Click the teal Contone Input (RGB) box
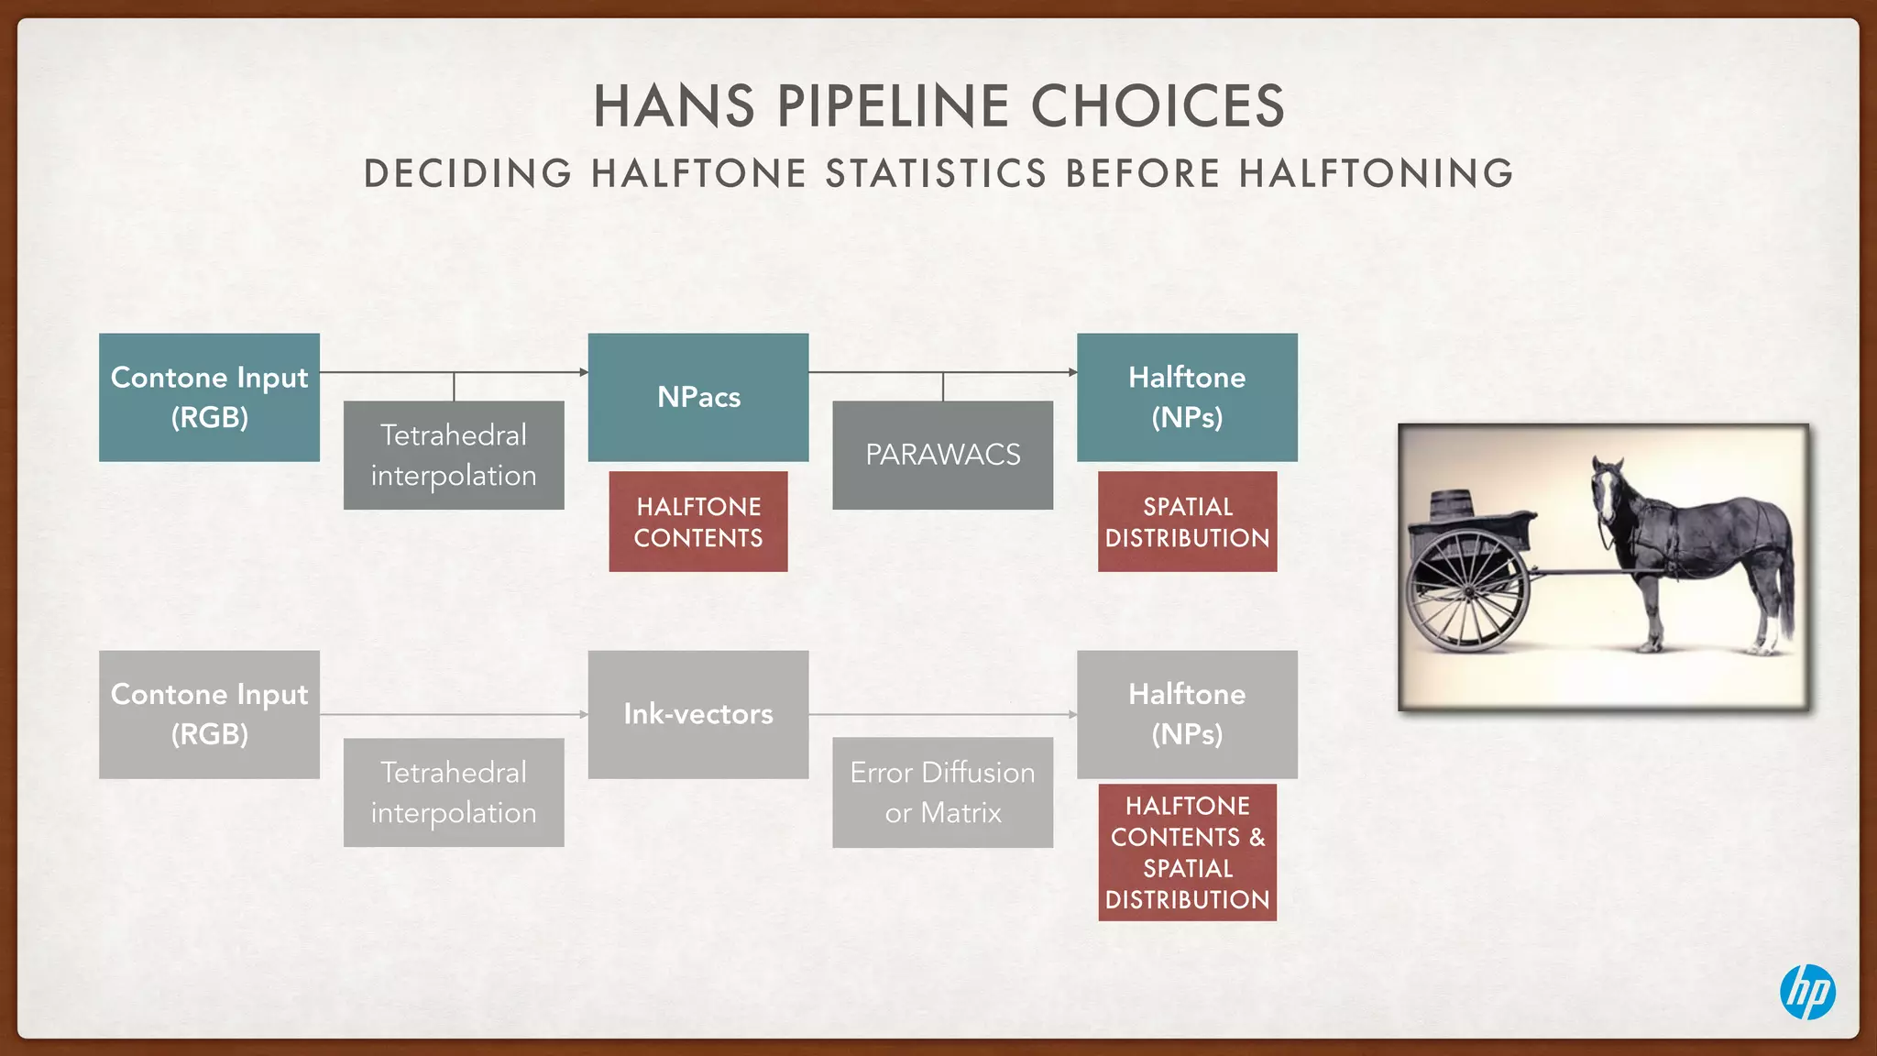point(209,397)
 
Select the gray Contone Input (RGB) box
point(209,714)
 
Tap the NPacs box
point(697,397)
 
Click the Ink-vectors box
point(697,714)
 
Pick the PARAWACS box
point(942,455)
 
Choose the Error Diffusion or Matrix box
point(942,792)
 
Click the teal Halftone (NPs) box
point(1187,397)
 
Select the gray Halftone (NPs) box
point(1187,714)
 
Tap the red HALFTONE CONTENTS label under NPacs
point(697,522)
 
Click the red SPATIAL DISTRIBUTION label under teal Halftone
point(1187,522)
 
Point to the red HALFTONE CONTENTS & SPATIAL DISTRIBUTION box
point(1187,852)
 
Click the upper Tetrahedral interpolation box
point(454,455)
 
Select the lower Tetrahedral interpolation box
point(454,792)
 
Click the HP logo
point(1807,992)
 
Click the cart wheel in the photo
point(1469,590)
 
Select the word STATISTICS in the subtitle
point(936,173)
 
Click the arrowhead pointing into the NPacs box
point(583,372)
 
